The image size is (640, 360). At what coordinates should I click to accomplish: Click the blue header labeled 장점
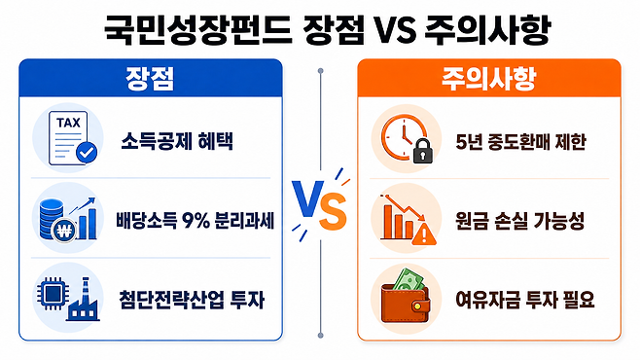pyautogui.click(x=150, y=78)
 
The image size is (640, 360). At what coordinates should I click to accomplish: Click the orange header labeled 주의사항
pyautogui.click(x=489, y=78)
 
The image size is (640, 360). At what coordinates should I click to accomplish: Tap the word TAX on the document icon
pyautogui.click(x=68, y=123)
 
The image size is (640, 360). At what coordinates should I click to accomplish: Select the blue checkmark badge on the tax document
pyautogui.click(x=87, y=153)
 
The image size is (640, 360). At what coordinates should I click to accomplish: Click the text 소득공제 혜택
pyautogui.click(x=177, y=142)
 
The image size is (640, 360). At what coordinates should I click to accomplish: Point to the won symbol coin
pyautogui.click(x=64, y=232)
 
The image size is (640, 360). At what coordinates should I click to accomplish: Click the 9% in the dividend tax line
pyautogui.click(x=196, y=221)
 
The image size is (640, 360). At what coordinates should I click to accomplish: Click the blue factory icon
pyautogui.click(x=84, y=300)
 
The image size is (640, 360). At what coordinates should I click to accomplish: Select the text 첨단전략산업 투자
pyautogui.click(x=192, y=300)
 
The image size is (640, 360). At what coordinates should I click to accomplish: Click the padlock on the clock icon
pyautogui.click(x=423, y=151)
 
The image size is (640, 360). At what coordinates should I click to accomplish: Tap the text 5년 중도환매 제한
pyautogui.click(x=520, y=142)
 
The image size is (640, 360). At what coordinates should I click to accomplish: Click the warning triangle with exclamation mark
pyautogui.click(x=424, y=234)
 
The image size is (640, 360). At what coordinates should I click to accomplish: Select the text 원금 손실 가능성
pyautogui.click(x=519, y=221)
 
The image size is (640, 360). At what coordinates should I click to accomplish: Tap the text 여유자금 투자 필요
pyautogui.click(x=525, y=300)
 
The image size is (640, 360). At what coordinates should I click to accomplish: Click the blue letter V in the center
pyautogui.click(x=308, y=198)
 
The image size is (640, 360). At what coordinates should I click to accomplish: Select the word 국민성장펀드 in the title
pyautogui.click(x=197, y=30)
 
